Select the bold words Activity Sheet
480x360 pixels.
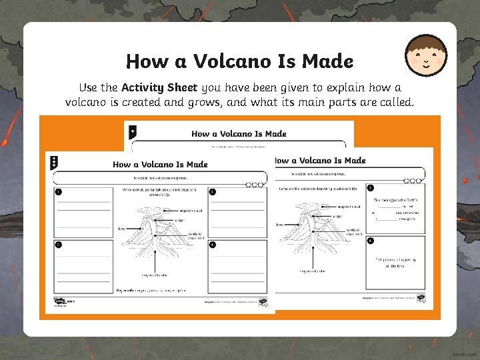(159, 87)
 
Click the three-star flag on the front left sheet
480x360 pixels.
(54, 162)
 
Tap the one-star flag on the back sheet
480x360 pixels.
(132, 131)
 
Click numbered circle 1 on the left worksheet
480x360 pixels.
(59, 192)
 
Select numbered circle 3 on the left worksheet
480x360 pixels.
(59, 245)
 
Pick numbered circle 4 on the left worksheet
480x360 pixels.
(213, 245)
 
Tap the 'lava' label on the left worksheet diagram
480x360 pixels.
(121, 228)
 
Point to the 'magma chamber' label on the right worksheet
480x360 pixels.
(312, 271)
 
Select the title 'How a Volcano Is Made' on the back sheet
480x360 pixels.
(239, 134)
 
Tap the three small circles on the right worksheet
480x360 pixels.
(413, 181)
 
